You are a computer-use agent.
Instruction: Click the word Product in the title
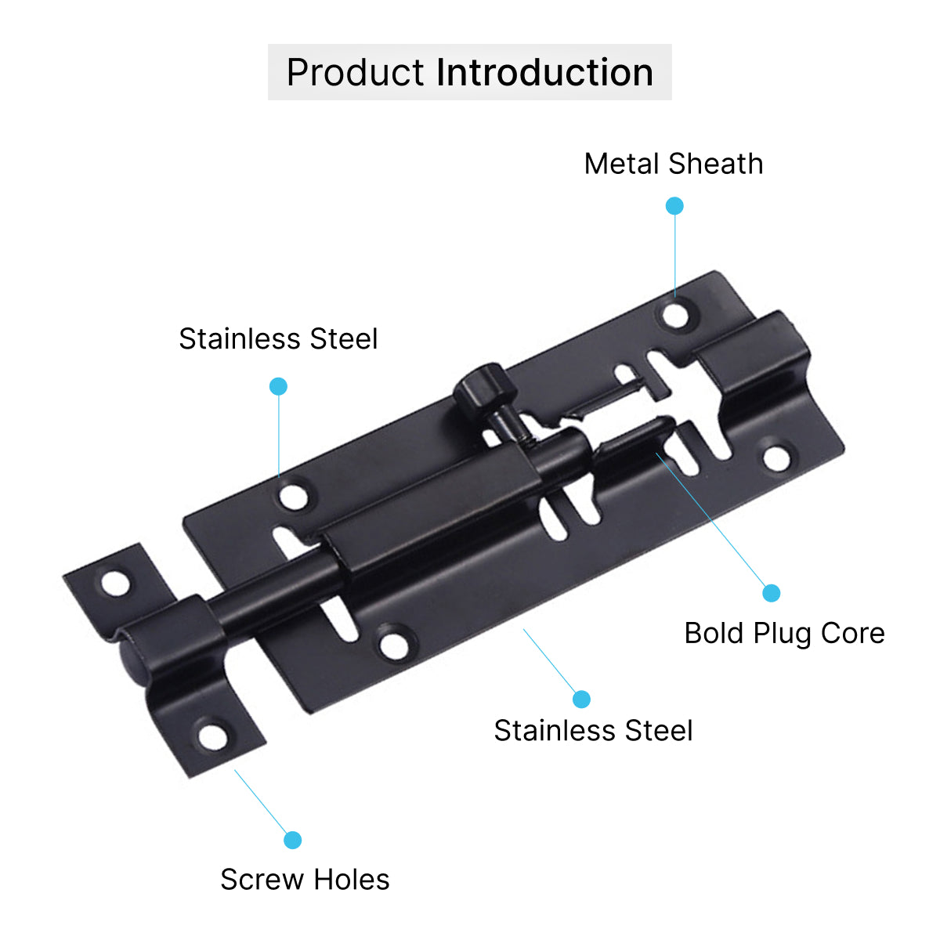click(x=355, y=72)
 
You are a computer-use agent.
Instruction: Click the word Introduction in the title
click(x=544, y=72)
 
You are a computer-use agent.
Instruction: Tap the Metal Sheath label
click(x=673, y=164)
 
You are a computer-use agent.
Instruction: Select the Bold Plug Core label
click(x=784, y=634)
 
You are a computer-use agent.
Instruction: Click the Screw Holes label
click(x=305, y=880)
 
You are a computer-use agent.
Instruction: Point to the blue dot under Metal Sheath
click(x=674, y=206)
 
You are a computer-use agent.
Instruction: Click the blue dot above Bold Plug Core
click(x=772, y=593)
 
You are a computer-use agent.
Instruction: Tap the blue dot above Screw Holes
click(x=293, y=840)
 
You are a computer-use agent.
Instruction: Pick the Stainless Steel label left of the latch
click(x=278, y=338)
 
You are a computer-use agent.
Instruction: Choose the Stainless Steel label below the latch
click(x=593, y=730)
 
